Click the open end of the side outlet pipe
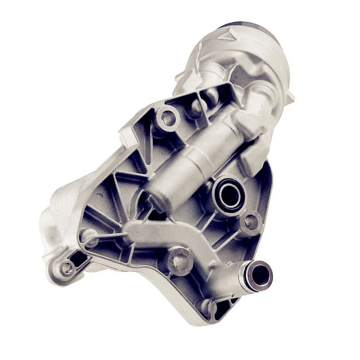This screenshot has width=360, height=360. point(261,276)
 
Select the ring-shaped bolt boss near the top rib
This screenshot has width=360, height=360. point(168,118)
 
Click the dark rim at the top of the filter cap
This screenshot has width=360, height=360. point(243,24)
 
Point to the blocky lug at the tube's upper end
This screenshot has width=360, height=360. point(250,124)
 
